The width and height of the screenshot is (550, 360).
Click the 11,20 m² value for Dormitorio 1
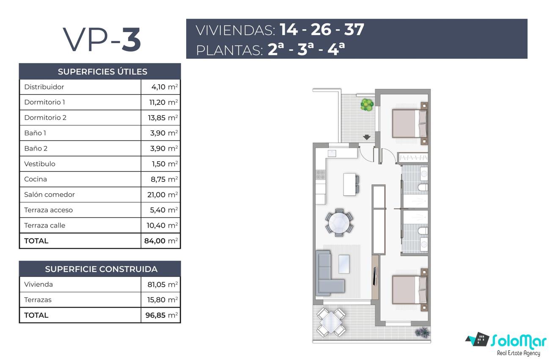pyautogui.click(x=164, y=102)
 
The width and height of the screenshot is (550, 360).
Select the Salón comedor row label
pyautogui.click(x=49, y=195)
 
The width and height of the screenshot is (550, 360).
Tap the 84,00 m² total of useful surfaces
pyautogui.click(x=161, y=241)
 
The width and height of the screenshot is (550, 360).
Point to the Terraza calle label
pyautogui.click(x=45, y=225)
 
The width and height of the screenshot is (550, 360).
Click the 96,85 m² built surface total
pyautogui.click(x=162, y=315)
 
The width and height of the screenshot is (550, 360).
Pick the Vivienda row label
pyautogui.click(x=38, y=284)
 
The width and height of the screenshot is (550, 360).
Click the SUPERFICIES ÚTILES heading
pyautogui.click(x=102, y=71)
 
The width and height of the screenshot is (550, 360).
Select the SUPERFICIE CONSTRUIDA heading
pyautogui.click(x=101, y=269)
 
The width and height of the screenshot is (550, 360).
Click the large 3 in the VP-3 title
pyautogui.click(x=131, y=39)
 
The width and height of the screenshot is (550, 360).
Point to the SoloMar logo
pyautogui.click(x=506, y=344)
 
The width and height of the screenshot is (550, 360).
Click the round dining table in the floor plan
pyautogui.click(x=339, y=223)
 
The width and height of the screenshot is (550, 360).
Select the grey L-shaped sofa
pyautogui.click(x=330, y=273)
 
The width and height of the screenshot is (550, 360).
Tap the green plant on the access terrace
pyautogui.click(x=367, y=104)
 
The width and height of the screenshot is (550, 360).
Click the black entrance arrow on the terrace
pyautogui.click(x=367, y=137)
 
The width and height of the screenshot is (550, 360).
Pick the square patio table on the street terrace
pyautogui.click(x=331, y=322)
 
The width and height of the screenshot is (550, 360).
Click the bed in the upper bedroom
pyautogui.click(x=410, y=124)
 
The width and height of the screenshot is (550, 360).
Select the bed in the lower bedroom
pyautogui.click(x=410, y=290)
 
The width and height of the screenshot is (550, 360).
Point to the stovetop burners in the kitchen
pyautogui.click(x=320, y=175)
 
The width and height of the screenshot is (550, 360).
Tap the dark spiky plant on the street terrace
pyautogui.click(x=422, y=333)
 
